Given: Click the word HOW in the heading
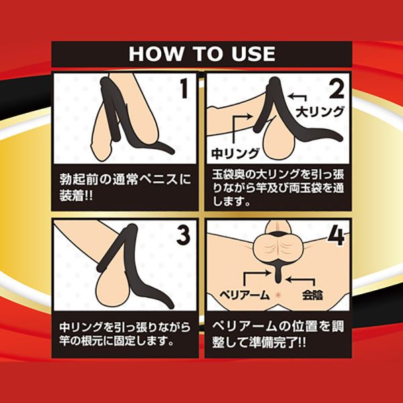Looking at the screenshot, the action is pos(156,54).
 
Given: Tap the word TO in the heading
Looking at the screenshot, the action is pos(208,54).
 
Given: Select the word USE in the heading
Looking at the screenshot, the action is pos(253,54).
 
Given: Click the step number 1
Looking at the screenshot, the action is pos(183,88).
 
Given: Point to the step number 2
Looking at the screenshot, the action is pos(337,89).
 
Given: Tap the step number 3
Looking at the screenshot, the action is pos(183,236).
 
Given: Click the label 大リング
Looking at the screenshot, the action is pos(320,112).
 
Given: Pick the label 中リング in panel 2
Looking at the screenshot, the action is pos(235,153).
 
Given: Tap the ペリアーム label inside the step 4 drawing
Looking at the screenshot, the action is pos(244,295).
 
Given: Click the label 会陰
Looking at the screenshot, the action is pos(312,295).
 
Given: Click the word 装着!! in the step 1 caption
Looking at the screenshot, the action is pos(76,196).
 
